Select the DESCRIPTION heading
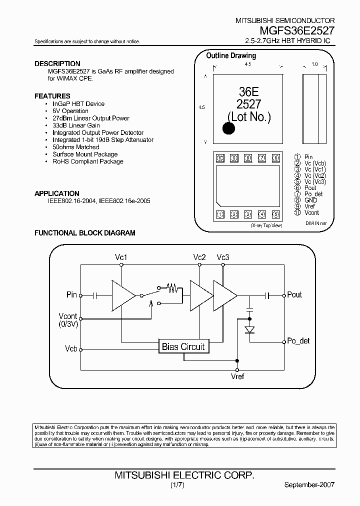pyautogui.click(x=57, y=63)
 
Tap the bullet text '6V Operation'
pyautogui.click(x=70, y=111)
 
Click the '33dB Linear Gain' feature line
pyautogui.click(x=76, y=125)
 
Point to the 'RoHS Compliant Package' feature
pyautogui.click(x=87, y=161)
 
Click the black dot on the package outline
pyautogui.click(x=228, y=128)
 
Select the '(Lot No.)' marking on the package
pyautogui.click(x=248, y=117)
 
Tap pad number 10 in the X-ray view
pyautogui.click(x=219, y=158)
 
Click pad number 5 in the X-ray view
pyautogui.click(x=275, y=215)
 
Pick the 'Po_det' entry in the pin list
pyautogui.click(x=313, y=194)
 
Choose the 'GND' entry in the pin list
pyautogui.click(x=310, y=200)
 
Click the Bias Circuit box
pyautogui.click(x=183, y=346)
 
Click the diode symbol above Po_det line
pyautogui.click(x=250, y=329)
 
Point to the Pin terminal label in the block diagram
pyautogui.click(x=71, y=294)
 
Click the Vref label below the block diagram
pyautogui.click(x=237, y=376)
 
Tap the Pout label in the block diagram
pyautogui.click(x=294, y=294)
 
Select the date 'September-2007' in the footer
pyautogui.click(x=309, y=485)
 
